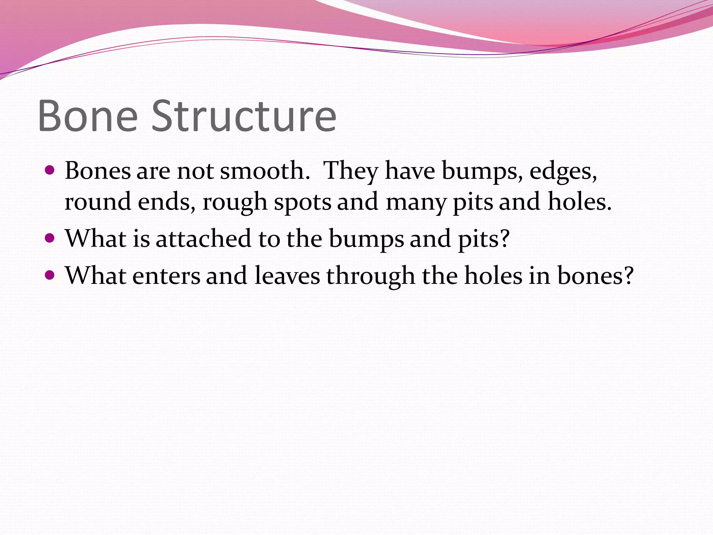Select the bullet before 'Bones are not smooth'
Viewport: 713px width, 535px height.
pos(50,171)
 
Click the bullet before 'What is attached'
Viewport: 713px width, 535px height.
pos(50,238)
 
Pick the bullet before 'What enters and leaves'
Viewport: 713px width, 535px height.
pos(50,276)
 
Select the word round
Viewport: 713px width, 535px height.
pos(98,202)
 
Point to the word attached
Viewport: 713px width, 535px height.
pos(203,239)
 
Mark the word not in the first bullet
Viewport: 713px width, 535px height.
pos(195,171)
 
